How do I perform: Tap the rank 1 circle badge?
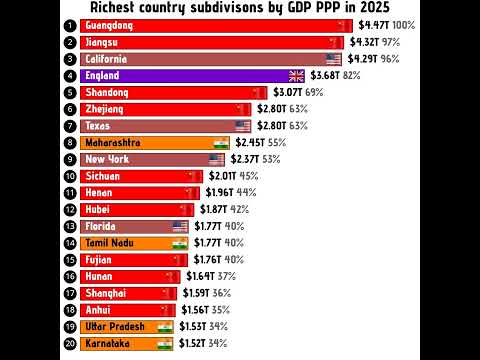pyautogui.click(x=69, y=26)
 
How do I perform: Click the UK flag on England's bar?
pyautogui.click(x=296, y=76)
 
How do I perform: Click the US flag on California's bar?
pyautogui.click(x=333, y=59)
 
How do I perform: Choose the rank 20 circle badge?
pyautogui.click(x=69, y=344)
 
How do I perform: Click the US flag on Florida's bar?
pyautogui.click(x=180, y=227)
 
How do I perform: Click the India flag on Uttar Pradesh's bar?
pyautogui.click(x=165, y=327)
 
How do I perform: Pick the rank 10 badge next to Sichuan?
pyautogui.click(x=69, y=177)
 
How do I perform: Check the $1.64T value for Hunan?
pyautogui.click(x=200, y=277)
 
